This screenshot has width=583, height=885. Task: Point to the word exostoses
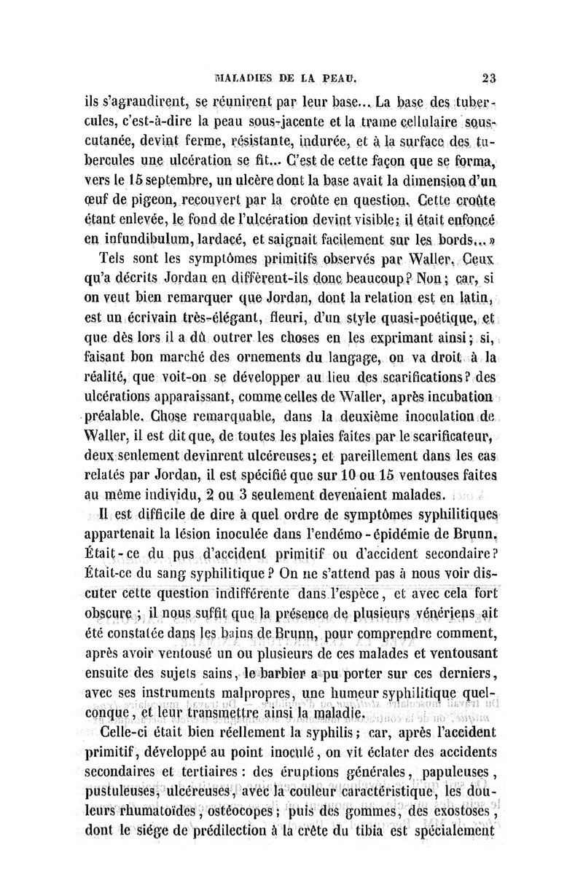click(463, 811)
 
